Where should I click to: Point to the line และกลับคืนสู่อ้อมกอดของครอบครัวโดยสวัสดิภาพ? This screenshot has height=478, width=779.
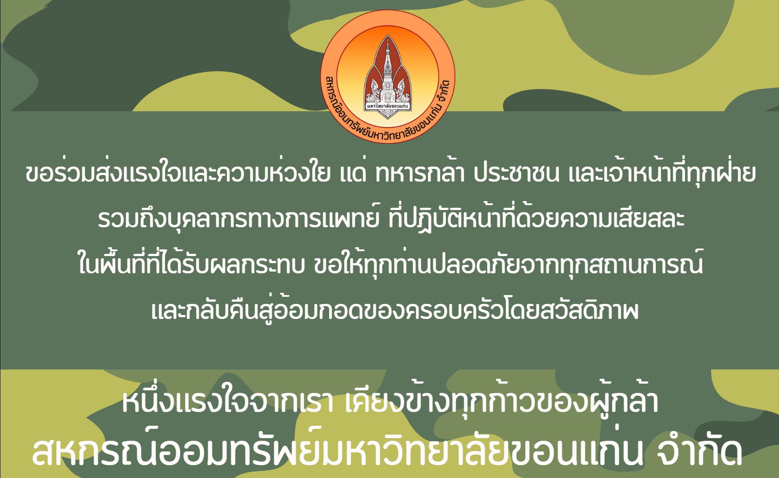[x=395, y=309]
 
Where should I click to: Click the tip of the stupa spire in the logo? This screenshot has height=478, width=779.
[x=388, y=38]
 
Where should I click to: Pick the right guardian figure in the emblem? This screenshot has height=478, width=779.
[x=402, y=90]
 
